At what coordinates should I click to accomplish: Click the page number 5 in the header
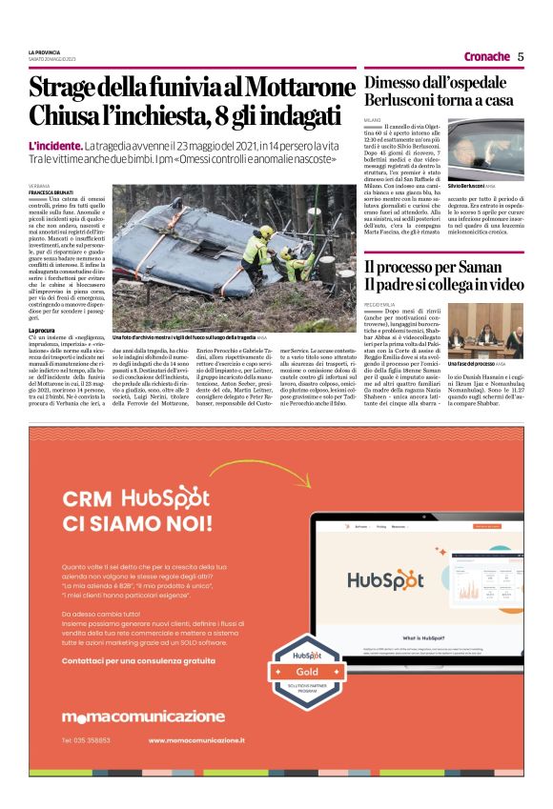click(x=521, y=56)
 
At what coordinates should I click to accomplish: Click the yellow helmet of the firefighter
click(x=266, y=232)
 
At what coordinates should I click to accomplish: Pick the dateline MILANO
click(x=374, y=121)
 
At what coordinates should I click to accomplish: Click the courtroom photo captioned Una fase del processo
click(x=485, y=330)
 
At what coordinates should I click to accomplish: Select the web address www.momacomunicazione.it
click(x=197, y=739)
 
